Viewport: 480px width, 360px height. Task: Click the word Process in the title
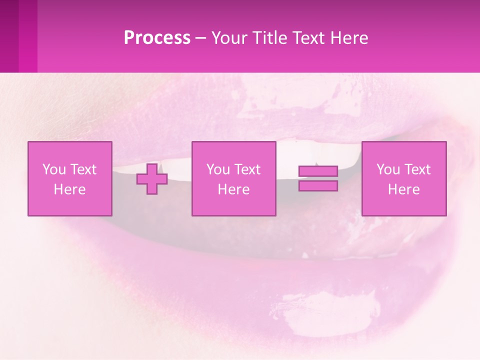click(157, 37)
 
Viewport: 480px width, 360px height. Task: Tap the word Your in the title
click(228, 37)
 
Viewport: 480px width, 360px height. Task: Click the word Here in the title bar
click(349, 37)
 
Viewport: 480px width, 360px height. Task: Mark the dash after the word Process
click(200, 38)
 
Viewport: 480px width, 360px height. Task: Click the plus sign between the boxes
click(152, 179)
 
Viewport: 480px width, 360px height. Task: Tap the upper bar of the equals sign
click(318, 171)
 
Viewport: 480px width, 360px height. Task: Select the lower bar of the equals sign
click(318, 186)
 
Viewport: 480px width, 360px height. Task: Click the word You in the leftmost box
click(53, 169)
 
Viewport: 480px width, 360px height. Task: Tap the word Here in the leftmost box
click(69, 189)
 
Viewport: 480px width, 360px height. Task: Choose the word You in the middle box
click(217, 169)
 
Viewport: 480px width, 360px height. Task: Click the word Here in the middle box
click(233, 189)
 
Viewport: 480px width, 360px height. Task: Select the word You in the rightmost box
click(387, 169)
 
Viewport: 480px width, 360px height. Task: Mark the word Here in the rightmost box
click(403, 189)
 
